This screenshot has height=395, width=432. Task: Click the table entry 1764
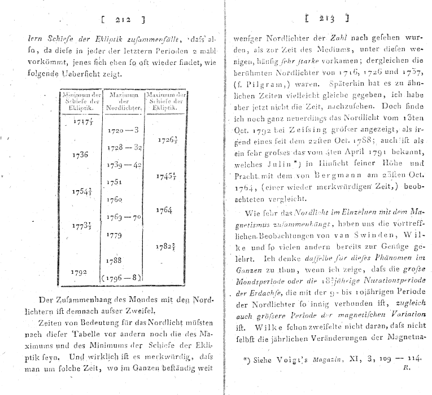point(165,210)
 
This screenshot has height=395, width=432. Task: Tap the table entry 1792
point(80,271)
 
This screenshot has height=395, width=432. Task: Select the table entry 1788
point(116,260)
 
